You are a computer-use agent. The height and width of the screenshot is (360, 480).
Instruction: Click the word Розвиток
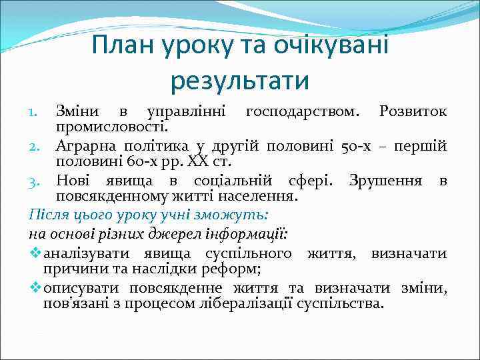413,109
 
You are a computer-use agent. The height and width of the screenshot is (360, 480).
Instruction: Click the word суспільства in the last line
346,303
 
